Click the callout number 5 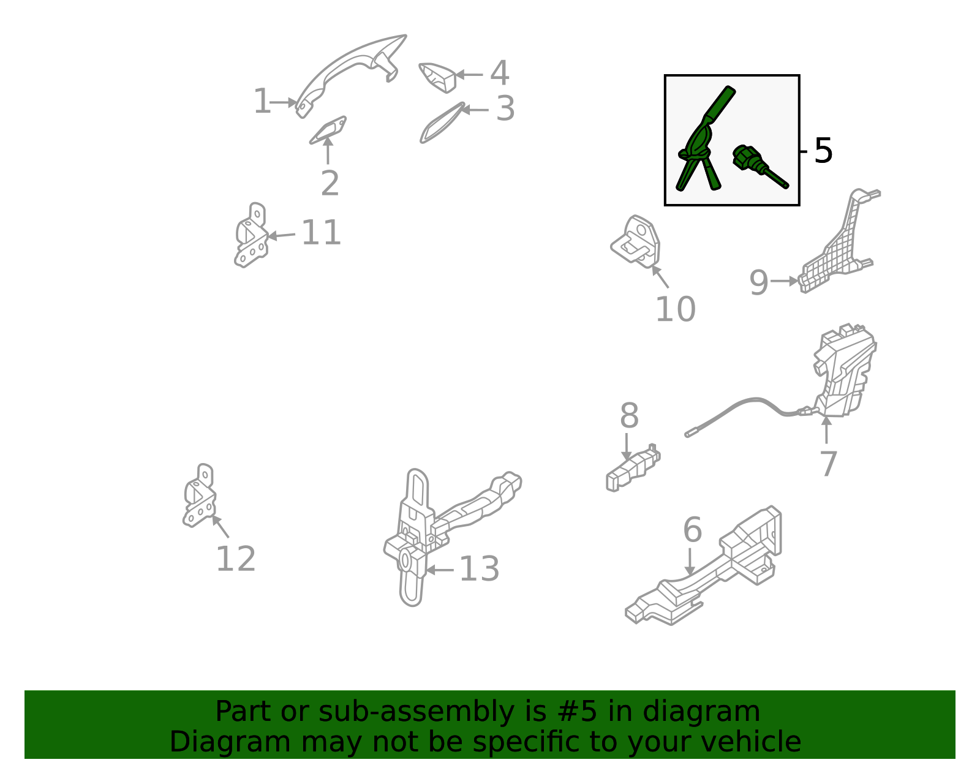823,151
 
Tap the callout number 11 321,233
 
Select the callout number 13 479,569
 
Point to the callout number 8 629,416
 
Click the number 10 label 675,309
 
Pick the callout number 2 330,183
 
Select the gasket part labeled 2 328,130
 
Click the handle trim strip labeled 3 442,123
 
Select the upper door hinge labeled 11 251,235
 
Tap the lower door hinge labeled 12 199,496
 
